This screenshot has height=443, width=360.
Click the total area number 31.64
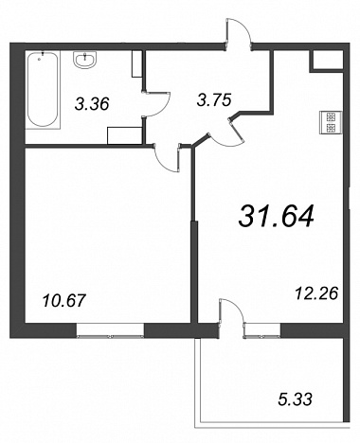coord(277,216)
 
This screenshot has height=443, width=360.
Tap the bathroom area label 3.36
coord(92,104)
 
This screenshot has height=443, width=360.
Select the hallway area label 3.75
coord(214,99)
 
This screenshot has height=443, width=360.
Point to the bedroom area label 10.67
coord(64,300)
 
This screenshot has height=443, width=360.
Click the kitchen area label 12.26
coord(316,293)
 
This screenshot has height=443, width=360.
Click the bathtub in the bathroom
coord(43,90)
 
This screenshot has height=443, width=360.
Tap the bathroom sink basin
coord(85,60)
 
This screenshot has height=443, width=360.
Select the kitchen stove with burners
coord(331,122)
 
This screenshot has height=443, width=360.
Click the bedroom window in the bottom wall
coord(110,331)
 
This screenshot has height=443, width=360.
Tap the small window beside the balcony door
coord(262,331)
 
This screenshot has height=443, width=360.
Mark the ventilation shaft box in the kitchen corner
coord(327,60)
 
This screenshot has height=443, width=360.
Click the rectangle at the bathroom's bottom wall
coord(124,135)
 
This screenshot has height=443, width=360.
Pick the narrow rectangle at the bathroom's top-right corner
coord(136,63)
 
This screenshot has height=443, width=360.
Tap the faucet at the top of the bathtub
coord(43,55)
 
